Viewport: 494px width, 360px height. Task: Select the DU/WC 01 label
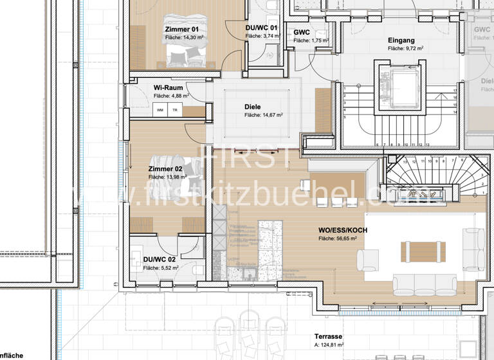[x=261, y=28]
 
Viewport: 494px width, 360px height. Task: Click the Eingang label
[x=401, y=40]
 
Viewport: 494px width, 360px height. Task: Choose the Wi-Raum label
[x=167, y=87]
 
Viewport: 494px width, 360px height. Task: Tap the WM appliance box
[x=160, y=111]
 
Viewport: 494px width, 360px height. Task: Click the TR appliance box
[x=174, y=111]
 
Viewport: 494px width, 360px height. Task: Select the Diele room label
[x=253, y=107]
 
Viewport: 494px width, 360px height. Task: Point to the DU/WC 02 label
[x=158, y=259]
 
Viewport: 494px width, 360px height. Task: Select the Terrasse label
[x=328, y=336]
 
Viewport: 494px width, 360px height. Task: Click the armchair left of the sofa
[x=370, y=260]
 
